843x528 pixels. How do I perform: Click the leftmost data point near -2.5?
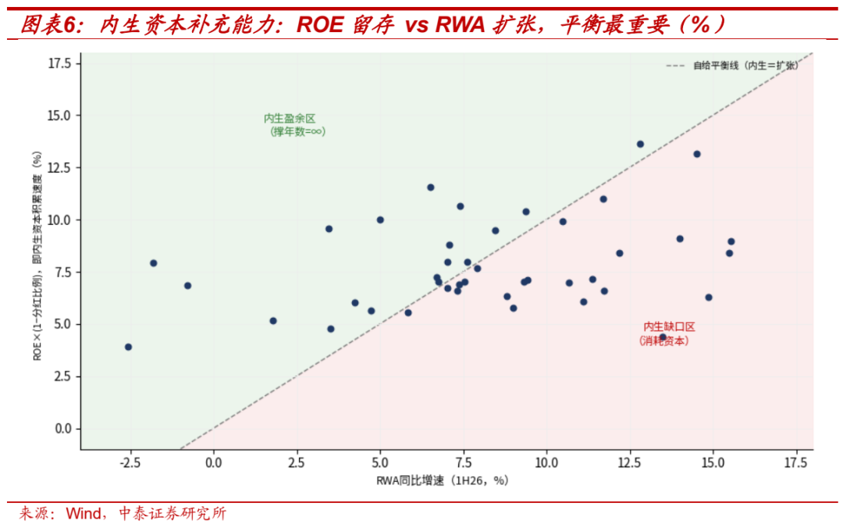point(128,347)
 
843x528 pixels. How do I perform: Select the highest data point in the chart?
point(640,144)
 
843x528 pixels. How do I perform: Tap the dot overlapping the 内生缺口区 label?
point(663,337)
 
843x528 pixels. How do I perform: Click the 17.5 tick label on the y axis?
point(59,63)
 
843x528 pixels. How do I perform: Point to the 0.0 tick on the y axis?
point(63,429)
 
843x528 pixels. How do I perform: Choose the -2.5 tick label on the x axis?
point(129,463)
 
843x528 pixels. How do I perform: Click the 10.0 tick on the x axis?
point(546,463)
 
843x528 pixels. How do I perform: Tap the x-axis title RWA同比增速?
point(410,480)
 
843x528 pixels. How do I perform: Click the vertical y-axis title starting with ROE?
point(37,255)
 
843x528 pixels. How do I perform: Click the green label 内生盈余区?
point(290,119)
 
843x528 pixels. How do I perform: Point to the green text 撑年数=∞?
point(298,132)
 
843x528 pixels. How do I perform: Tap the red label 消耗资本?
point(664,341)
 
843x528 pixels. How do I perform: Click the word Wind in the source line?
point(83,513)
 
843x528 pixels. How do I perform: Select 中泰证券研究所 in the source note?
point(173,513)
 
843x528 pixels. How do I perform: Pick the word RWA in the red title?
point(461,24)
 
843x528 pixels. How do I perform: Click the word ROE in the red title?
point(320,24)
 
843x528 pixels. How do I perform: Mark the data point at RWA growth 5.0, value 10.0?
point(380,220)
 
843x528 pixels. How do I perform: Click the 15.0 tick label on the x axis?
point(713,463)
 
